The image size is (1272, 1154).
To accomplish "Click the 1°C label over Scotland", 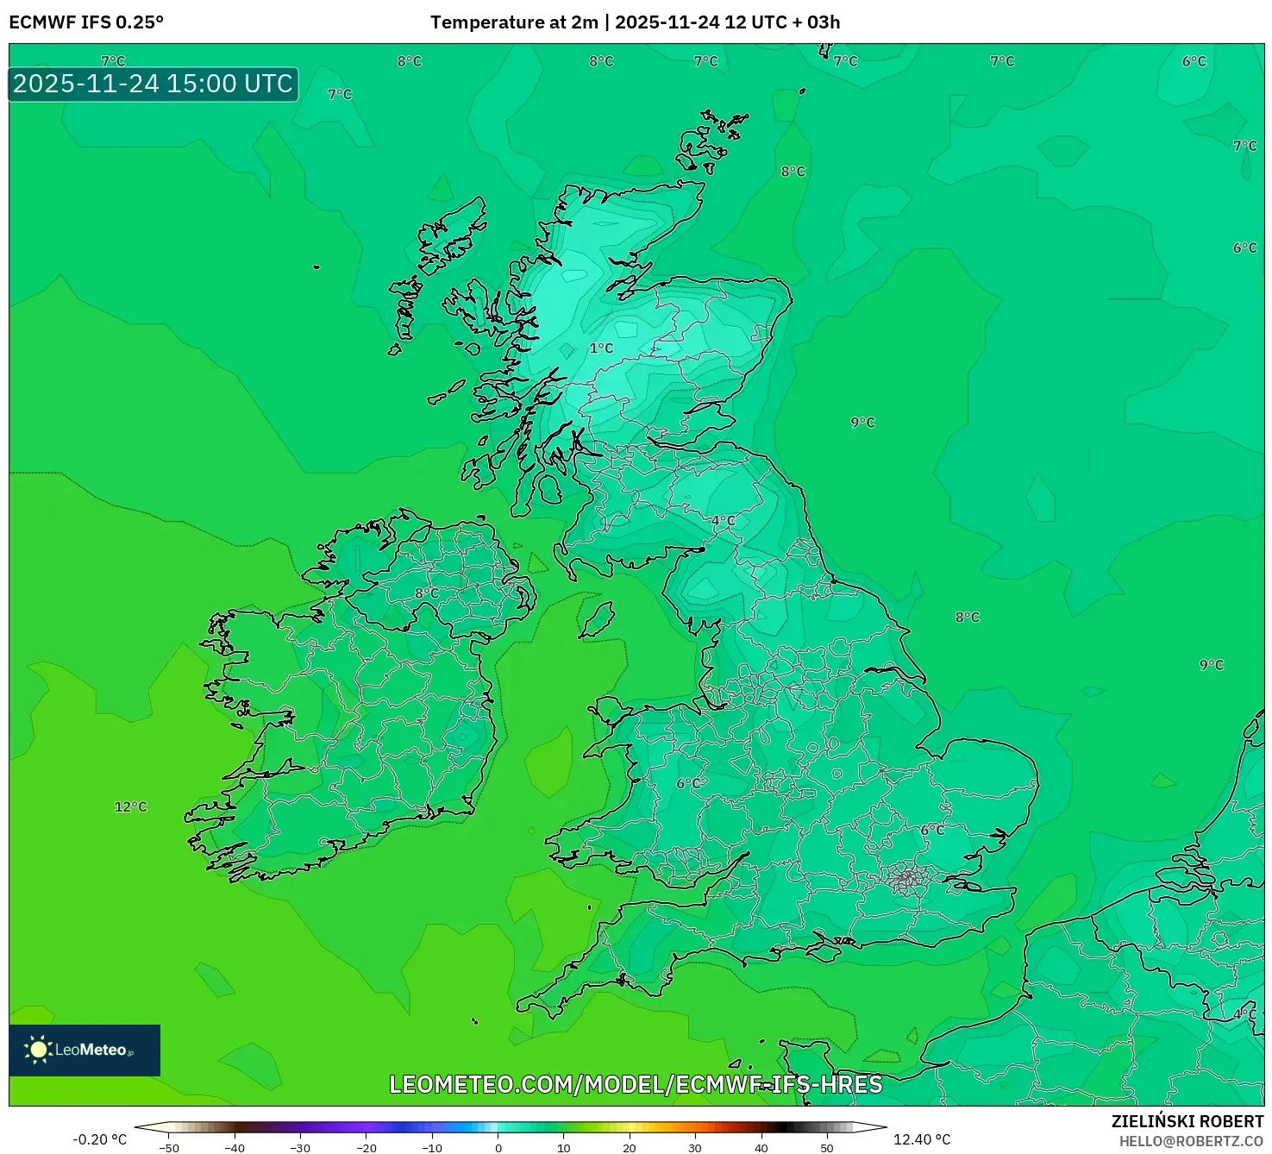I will click(x=601, y=348).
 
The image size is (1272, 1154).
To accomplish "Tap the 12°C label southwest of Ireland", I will click(x=131, y=806).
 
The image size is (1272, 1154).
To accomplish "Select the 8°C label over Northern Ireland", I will click(x=426, y=593).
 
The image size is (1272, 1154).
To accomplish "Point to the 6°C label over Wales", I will click(x=688, y=783).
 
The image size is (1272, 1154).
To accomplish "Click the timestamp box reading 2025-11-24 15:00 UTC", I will click(x=154, y=85).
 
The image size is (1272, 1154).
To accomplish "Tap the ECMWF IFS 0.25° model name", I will click(x=86, y=22).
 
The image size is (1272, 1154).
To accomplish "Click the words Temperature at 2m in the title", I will click(x=514, y=22).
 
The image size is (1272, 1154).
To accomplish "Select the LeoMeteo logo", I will click(x=85, y=1050).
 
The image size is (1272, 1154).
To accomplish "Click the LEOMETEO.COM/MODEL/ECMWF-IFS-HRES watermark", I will click(x=636, y=1084).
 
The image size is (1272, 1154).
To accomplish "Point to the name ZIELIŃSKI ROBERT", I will click(x=1187, y=1121).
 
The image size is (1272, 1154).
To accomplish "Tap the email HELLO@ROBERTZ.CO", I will click(x=1191, y=1141).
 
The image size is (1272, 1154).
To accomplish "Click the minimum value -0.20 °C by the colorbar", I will click(x=99, y=1139).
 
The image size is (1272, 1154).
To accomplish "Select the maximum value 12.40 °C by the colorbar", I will click(x=922, y=1139).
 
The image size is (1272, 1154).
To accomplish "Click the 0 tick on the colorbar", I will click(x=498, y=1147).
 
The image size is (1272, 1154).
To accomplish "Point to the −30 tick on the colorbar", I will click(x=299, y=1147).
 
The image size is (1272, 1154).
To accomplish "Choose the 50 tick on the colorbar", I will click(x=826, y=1147).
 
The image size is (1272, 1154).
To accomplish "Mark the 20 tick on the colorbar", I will click(x=630, y=1147).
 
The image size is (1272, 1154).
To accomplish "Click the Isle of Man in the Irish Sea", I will click(x=597, y=619).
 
